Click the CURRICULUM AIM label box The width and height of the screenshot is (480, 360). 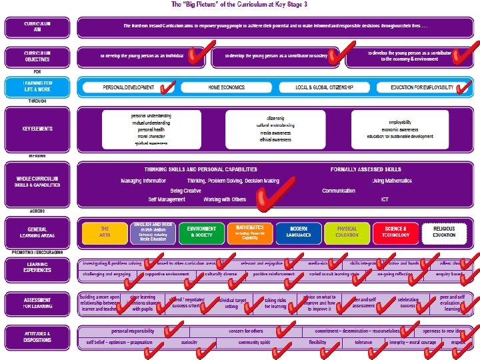pyautogui.click(x=37, y=27)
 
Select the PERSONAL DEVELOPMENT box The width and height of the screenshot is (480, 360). pyautogui.click(x=129, y=87)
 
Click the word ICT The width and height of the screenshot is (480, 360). pyautogui.click(x=385, y=199)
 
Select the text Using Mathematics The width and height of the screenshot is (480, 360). pyautogui.click(x=392, y=181)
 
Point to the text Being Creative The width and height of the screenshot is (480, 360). pyautogui.click(x=185, y=190)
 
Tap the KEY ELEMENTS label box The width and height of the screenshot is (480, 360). pyautogui.click(x=37, y=129)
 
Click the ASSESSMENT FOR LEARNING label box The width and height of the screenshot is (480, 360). pyautogui.click(x=37, y=303)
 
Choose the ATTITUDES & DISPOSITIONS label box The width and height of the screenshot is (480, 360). pyautogui.click(x=37, y=336)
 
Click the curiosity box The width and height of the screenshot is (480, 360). pyautogui.click(x=189, y=342)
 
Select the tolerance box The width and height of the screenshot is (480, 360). pyautogui.click(x=363, y=342)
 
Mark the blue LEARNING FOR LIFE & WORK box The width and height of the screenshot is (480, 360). pyautogui.click(x=37, y=87)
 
